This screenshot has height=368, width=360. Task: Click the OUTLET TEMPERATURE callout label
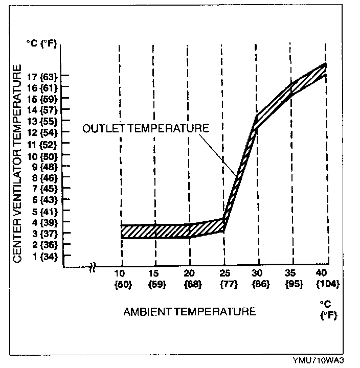coord(146,128)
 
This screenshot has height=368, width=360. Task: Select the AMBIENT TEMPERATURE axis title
coord(189,311)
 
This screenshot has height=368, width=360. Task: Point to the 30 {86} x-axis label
coord(258,279)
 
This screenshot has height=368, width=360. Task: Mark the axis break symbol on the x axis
coord(95,267)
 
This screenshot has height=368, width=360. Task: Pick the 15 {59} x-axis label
coord(155,279)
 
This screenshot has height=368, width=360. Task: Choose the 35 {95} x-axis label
coord(293,279)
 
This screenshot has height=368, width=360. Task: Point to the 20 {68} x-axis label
coord(189,279)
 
